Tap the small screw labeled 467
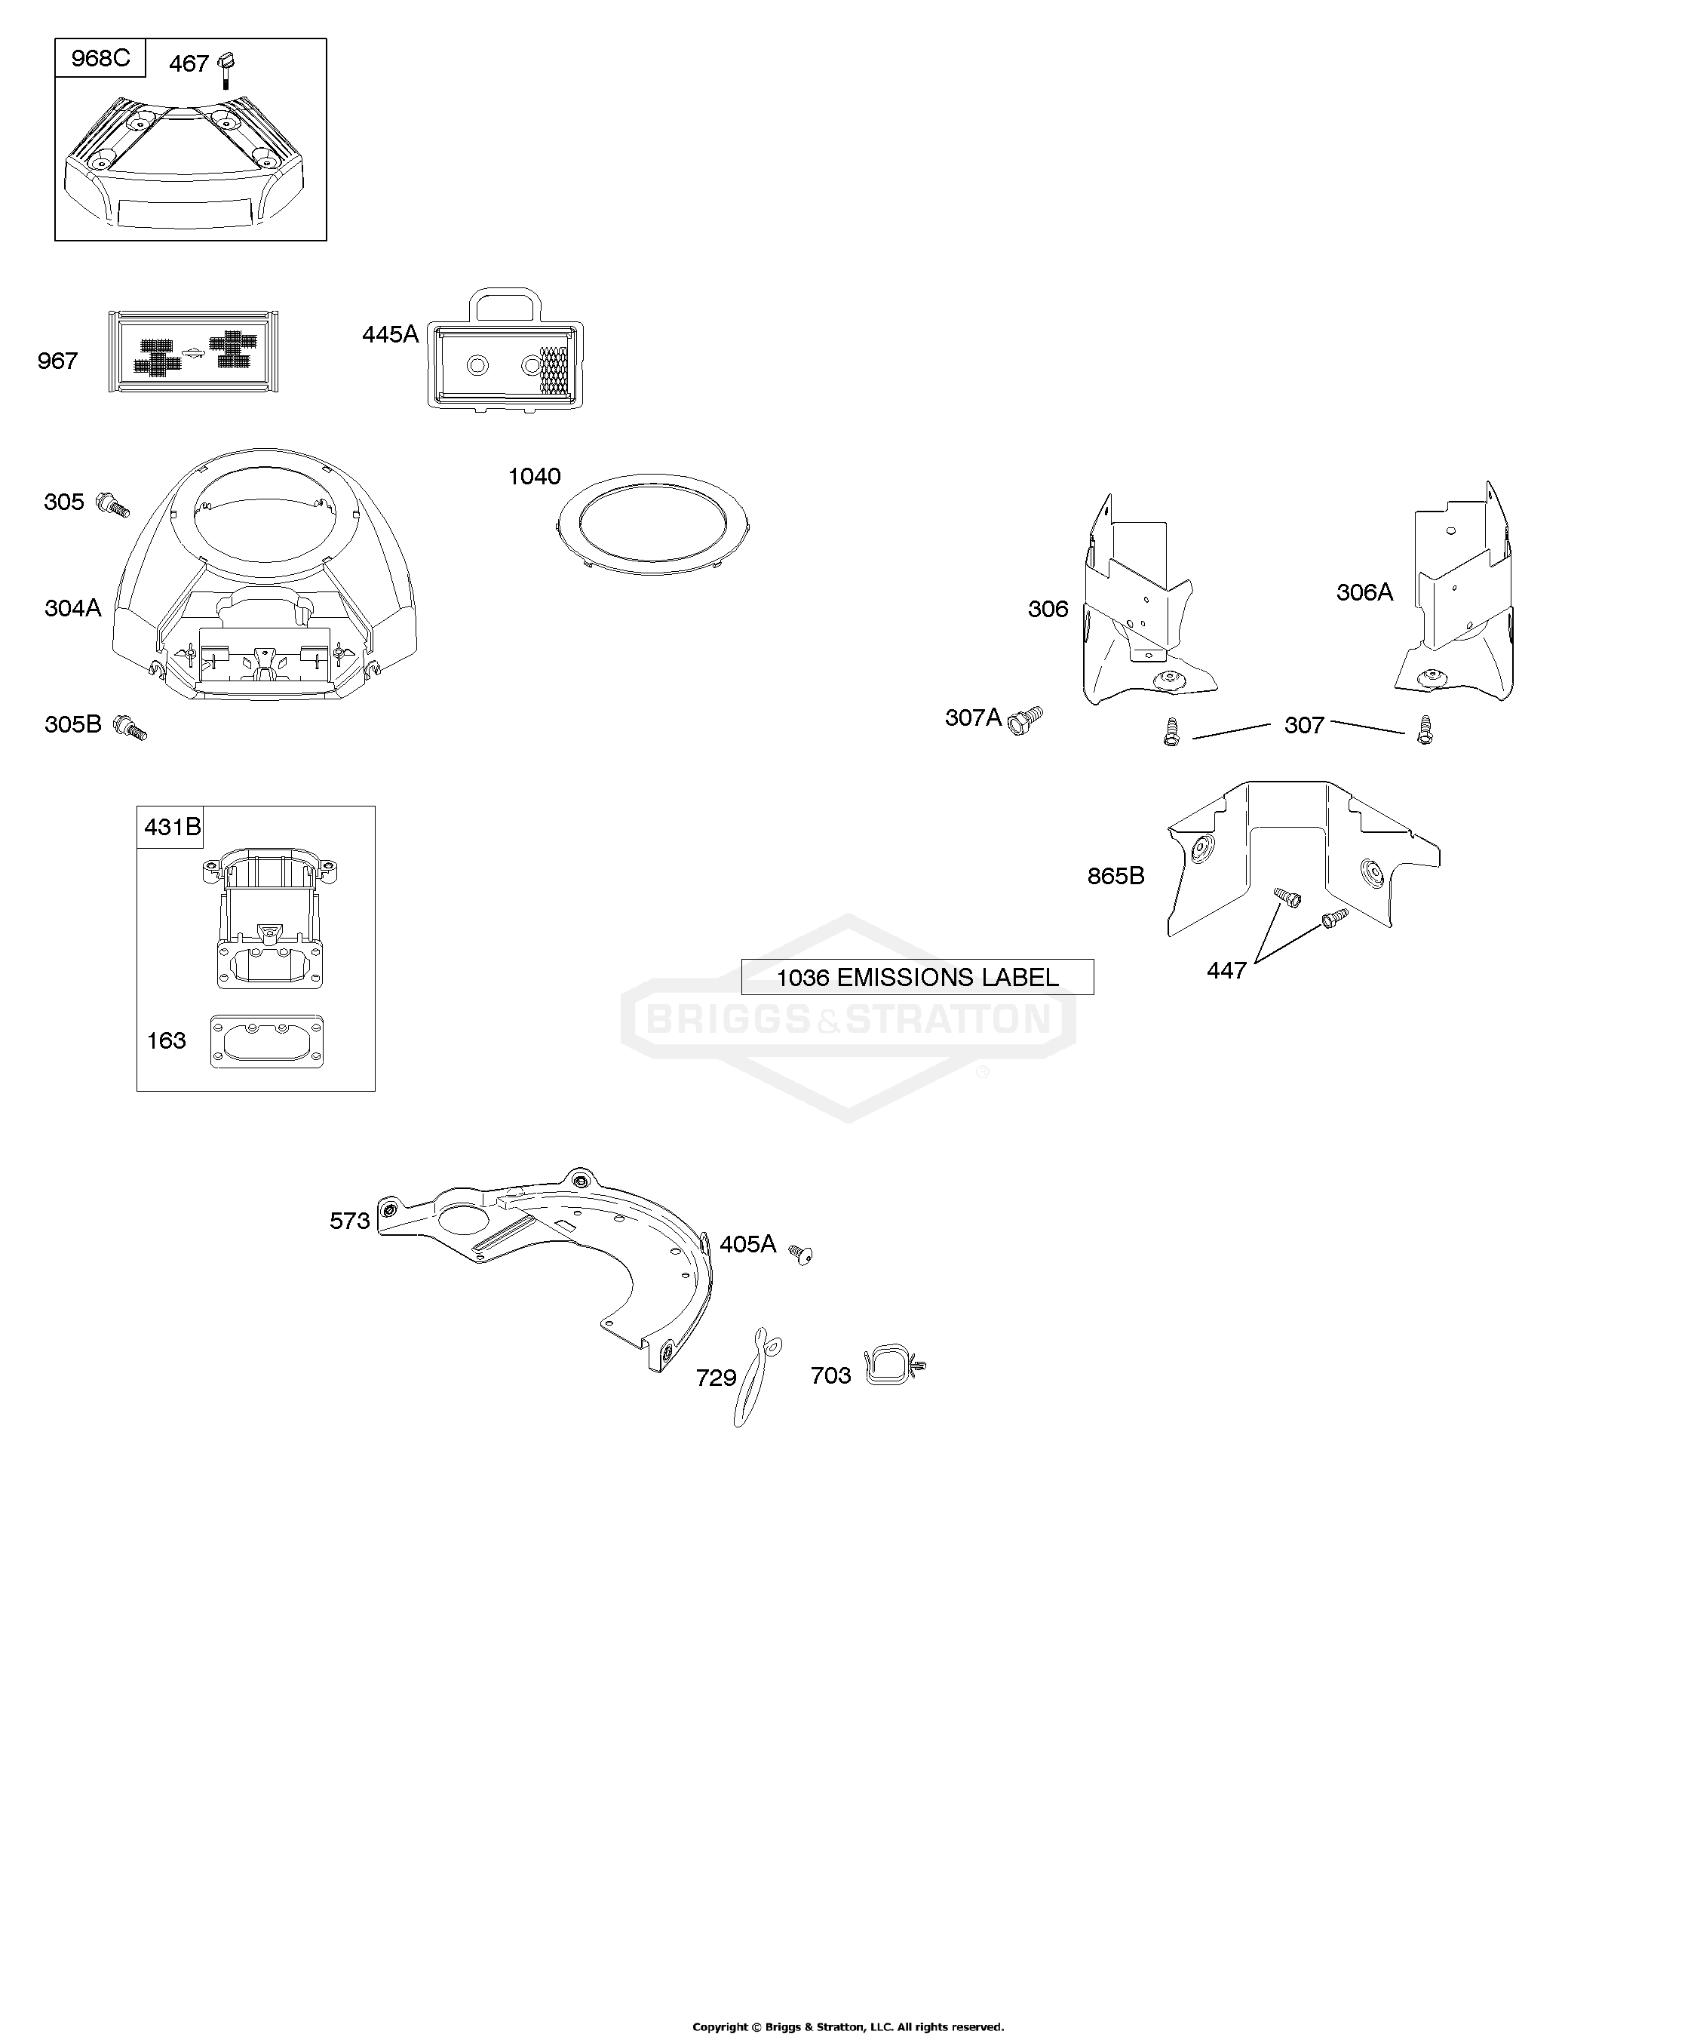[x=229, y=71]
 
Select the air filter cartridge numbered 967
[x=194, y=351]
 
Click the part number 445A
[x=390, y=335]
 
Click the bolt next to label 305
[x=112, y=505]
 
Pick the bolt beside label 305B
[x=130, y=727]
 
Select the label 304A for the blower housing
[x=72, y=608]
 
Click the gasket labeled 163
[x=268, y=1043]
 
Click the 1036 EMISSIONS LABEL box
[x=917, y=977]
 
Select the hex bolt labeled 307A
[x=1025, y=720]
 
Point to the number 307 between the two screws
[x=1304, y=726]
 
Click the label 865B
[x=1116, y=876]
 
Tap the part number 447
[x=1226, y=970]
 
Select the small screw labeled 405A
[x=800, y=1254]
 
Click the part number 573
[x=350, y=1221]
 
